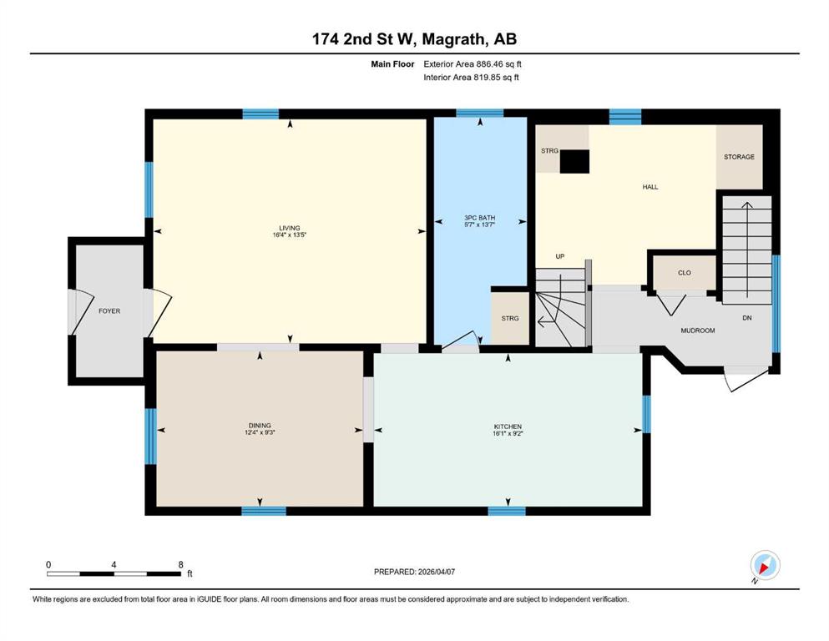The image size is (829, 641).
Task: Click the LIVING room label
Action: (x=290, y=228)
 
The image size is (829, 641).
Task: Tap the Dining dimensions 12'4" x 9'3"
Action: (x=260, y=432)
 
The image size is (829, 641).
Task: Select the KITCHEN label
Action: (x=508, y=426)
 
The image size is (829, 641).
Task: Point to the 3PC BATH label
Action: (x=479, y=218)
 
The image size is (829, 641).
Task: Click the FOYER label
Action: (x=109, y=311)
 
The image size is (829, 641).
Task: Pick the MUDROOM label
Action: (x=698, y=331)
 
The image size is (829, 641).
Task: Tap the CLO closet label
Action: (x=685, y=273)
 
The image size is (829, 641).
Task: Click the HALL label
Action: (x=650, y=186)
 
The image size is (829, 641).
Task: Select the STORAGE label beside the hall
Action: (x=739, y=157)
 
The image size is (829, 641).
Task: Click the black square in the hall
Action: (x=574, y=161)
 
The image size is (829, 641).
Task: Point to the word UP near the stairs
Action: (x=560, y=256)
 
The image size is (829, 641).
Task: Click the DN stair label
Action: (x=747, y=318)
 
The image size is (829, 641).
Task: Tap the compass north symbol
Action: (x=765, y=566)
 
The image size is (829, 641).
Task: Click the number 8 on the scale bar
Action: (x=181, y=564)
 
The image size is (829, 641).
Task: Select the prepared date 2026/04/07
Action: (x=436, y=572)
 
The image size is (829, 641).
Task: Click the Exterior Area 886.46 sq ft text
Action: (x=473, y=64)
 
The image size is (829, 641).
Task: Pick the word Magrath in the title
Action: (x=456, y=39)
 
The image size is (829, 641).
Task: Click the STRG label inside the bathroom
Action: (x=510, y=318)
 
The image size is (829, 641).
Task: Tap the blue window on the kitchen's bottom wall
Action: (x=507, y=511)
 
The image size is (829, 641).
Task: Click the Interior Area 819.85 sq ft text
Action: (x=471, y=77)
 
